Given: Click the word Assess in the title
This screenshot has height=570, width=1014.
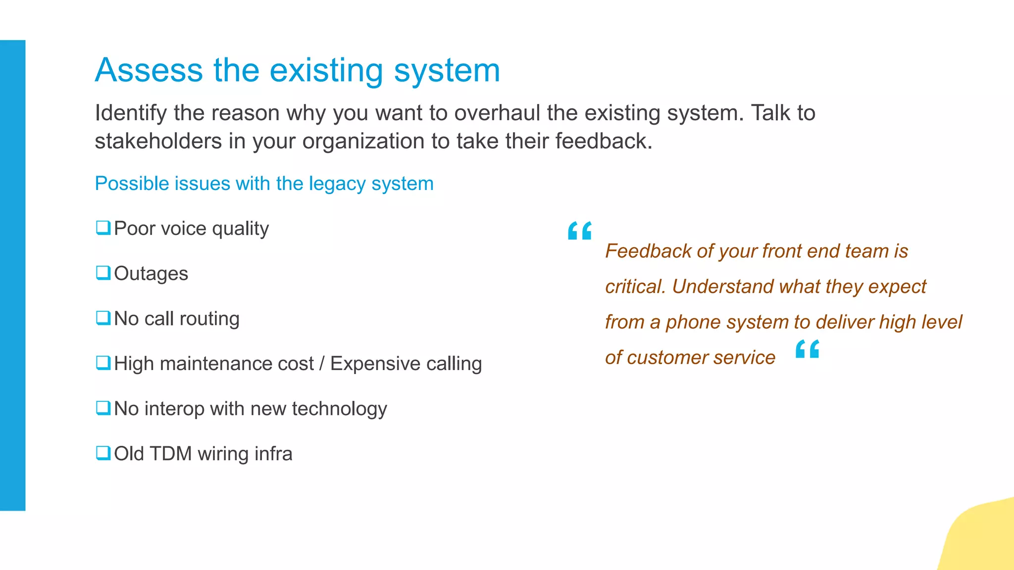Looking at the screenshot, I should (149, 70).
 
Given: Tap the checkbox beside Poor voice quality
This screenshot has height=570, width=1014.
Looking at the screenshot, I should (103, 228).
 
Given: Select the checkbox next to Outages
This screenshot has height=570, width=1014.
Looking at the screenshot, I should (103, 273).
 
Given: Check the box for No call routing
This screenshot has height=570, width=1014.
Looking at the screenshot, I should (103, 318).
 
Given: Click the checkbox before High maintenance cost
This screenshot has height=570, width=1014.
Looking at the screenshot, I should (103, 363).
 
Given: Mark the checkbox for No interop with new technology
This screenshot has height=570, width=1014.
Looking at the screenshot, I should (103, 408).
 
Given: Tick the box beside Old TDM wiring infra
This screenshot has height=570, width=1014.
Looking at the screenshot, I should (103, 453).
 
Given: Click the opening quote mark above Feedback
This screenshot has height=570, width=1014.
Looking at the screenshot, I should (580, 231).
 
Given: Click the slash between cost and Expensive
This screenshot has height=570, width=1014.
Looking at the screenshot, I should (322, 364).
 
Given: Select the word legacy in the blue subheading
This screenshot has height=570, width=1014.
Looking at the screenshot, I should (337, 184).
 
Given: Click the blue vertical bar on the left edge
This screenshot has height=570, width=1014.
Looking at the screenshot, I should (12, 275).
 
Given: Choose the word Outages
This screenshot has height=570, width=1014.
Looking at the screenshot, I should (151, 274).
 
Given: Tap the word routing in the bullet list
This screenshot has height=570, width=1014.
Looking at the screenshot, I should (209, 319).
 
